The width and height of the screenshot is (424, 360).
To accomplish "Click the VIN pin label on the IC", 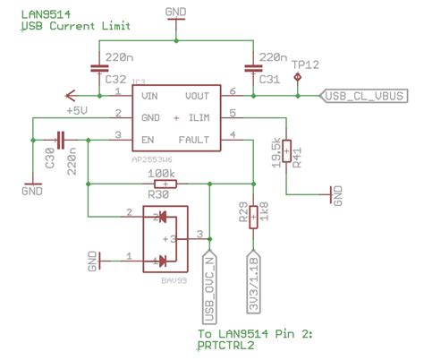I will click(150, 94).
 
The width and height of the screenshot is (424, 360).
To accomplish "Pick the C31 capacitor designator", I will click(269, 80).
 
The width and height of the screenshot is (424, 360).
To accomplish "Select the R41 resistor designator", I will click(295, 154).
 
